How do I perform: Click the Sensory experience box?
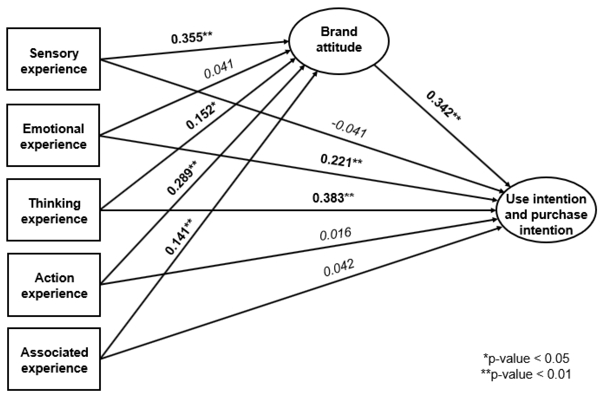click(54, 59)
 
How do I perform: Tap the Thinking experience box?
click(54, 210)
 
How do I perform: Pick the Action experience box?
click(54, 285)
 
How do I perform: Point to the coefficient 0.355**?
click(191, 38)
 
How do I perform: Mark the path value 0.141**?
click(178, 237)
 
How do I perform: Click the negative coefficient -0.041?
click(349, 130)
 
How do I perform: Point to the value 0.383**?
click(333, 198)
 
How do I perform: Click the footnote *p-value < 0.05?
click(526, 358)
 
